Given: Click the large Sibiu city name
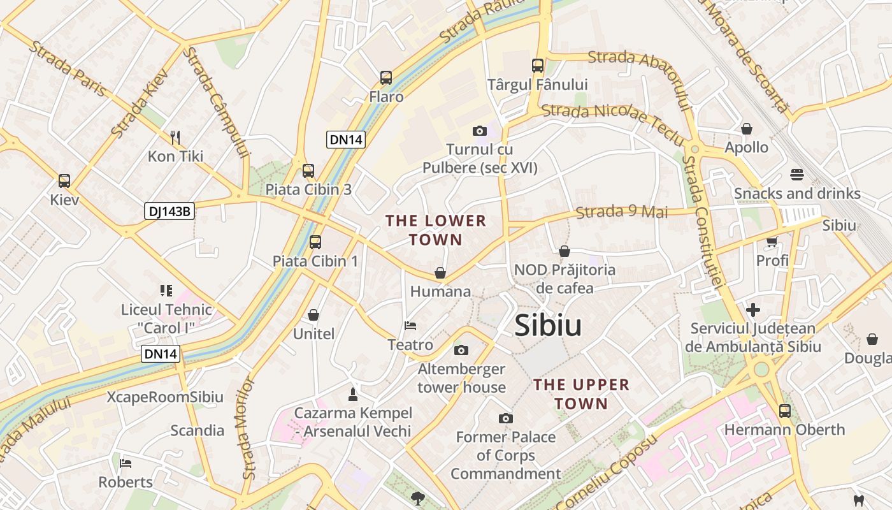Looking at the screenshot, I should pyautogui.click(x=548, y=326).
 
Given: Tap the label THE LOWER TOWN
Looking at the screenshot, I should pyautogui.click(x=436, y=230).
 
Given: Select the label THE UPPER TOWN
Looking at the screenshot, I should pyautogui.click(x=581, y=394).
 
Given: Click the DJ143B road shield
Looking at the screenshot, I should pyautogui.click(x=169, y=211).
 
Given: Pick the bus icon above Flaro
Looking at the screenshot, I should pyautogui.click(x=386, y=78).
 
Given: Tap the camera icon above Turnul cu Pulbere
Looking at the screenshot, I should pyautogui.click(x=480, y=131).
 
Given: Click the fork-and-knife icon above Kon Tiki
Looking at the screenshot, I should pyautogui.click(x=175, y=137).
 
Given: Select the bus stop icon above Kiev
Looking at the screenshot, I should pyautogui.click(x=64, y=180).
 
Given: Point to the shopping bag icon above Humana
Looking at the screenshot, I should pyautogui.click(x=440, y=273).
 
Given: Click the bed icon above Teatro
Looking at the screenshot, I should pyautogui.click(x=410, y=326).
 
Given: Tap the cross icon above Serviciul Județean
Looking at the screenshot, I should pyautogui.click(x=753, y=310).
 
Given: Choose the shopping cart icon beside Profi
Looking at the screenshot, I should pyautogui.click(x=772, y=242).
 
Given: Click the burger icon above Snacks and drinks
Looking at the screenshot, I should pyautogui.click(x=796, y=174).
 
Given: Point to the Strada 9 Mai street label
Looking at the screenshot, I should pyautogui.click(x=622, y=212).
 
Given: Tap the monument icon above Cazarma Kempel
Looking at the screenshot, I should pyautogui.click(x=353, y=394).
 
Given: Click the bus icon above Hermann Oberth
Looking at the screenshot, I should pyautogui.click(x=784, y=411).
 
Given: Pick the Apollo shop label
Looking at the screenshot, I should pyautogui.click(x=747, y=147).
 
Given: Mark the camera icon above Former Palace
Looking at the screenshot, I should pyautogui.click(x=506, y=418).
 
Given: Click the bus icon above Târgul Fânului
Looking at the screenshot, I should pyautogui.click(x=538, y=65).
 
